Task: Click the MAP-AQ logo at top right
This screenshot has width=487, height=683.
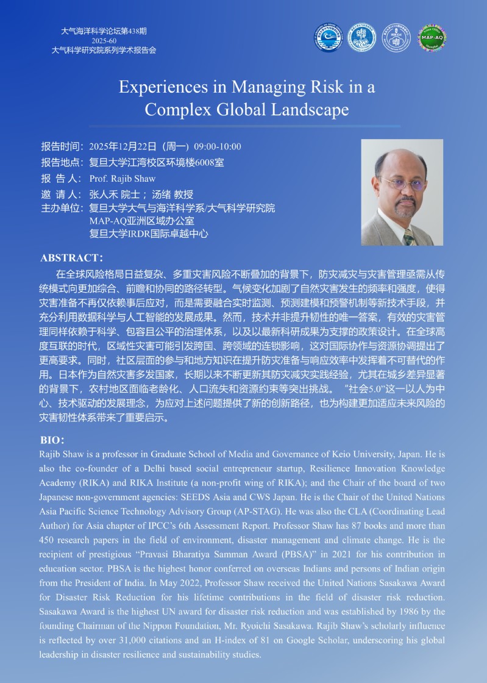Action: pyautogui.click(x=432, y=38)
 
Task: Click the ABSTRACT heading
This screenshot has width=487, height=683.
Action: pyautogui.click(x=71, y=257)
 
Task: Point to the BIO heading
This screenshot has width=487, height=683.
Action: pyautogui.click(x=52, y=439)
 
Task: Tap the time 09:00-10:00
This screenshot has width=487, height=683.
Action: pyautogui.click(x=218, y=146)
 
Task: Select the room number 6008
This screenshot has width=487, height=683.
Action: pyautogui.click(x=196, y=163)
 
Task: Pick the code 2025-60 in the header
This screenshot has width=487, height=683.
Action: pyautogui.click(x=104, y=41)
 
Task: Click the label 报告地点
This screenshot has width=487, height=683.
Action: pyautogui.click(x=61, y=163)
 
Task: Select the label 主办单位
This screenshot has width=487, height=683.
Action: pyautogui.click(x=61, y=209)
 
